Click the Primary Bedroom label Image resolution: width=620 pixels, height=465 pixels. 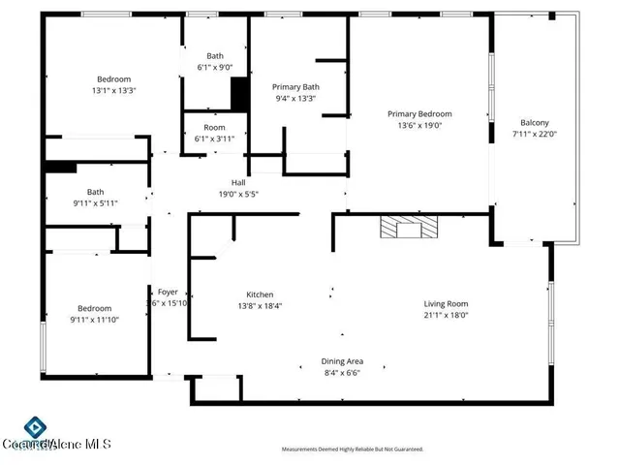tap(419, 113)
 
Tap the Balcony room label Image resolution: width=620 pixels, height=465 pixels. tap(535, 122)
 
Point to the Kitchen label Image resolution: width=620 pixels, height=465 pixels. tap(260, 294)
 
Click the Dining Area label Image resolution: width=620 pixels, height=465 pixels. tap(342, 361)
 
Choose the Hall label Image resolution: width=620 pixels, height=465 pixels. tap(237, 182)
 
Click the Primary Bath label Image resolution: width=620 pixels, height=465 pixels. tap(295, 86)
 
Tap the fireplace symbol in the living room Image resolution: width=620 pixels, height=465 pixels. tap(408, 228)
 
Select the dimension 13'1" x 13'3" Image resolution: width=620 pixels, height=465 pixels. tap(113, 91)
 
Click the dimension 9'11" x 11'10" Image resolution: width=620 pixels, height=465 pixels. tap(94, 320)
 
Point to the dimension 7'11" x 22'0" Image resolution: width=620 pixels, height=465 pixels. tap(535, 134)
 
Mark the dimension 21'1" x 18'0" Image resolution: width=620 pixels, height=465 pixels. tap(446, 315)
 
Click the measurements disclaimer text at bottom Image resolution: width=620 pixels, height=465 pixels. tap(353, 449)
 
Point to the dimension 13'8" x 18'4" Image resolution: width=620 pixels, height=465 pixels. tap(260, 306)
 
